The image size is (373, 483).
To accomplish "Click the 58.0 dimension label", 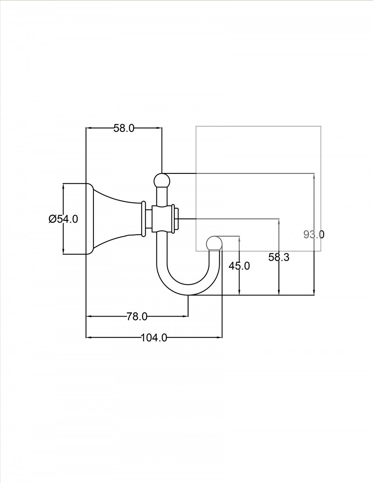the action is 124,128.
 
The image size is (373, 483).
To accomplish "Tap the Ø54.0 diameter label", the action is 63,219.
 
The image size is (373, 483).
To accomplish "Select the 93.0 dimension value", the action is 314,234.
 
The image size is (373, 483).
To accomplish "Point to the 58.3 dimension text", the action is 279,257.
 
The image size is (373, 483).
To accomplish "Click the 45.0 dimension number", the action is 239,266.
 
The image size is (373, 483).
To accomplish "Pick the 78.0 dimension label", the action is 137,317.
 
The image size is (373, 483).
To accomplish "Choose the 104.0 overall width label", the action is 154,338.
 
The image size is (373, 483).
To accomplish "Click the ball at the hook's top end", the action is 162,180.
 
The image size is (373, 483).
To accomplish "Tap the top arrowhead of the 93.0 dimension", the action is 314,176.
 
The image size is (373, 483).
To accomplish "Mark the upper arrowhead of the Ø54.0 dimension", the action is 63,186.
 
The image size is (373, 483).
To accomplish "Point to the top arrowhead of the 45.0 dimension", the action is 239,239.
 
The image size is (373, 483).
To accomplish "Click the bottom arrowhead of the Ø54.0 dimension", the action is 63,251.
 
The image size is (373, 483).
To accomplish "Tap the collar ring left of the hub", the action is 144,219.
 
